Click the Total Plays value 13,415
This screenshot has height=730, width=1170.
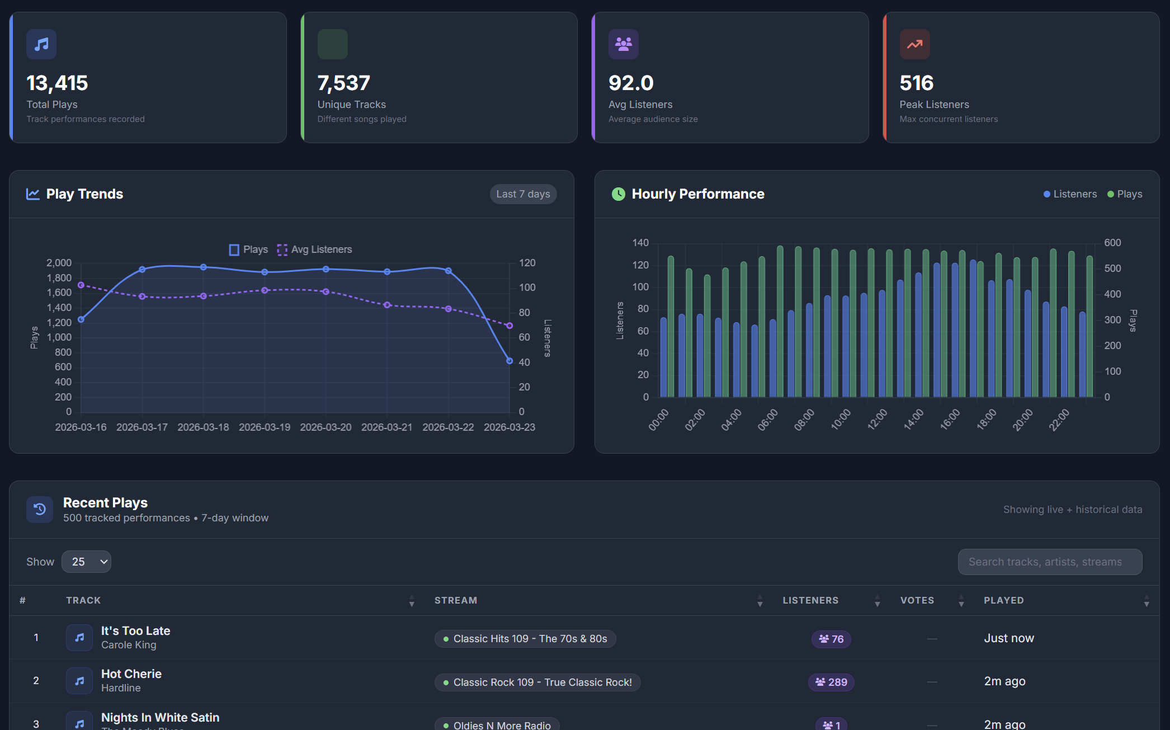click(x=57, y=83)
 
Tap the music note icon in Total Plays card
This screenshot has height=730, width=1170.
click(x=41, y=44)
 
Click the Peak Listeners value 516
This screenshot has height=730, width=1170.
click(x=916, y=83)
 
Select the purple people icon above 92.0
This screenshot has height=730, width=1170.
click(x=623, y=44)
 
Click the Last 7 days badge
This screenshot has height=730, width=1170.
click(x=523, y=194)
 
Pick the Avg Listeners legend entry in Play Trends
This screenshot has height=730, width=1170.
click(x=314, y=249)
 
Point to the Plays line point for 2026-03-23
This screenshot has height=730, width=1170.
click(x=509, y=361)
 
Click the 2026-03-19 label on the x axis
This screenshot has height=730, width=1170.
click(x=264, y=427)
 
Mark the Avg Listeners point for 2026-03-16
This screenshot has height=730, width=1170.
click(x=81, y=285)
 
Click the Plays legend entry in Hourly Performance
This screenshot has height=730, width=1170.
click(x=1124, y=194)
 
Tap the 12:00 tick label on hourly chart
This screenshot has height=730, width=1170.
click(x=877, y=420)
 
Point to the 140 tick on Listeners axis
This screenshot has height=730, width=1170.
click(x=640, y=243)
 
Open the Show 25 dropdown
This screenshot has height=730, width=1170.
click(x=86, y=562)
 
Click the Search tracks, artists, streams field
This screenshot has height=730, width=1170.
click(x=1049, y=562)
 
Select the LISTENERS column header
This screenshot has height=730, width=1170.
click(x=810, y=600)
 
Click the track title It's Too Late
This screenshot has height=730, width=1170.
click(x=135, y=631)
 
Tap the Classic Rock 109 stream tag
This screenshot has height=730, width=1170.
click(x=537, y=682)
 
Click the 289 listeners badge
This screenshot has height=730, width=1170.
click(x=831, y=682)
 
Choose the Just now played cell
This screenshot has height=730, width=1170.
click(x=1008, y=638)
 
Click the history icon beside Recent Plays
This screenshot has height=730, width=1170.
click(x=40, y=509)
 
